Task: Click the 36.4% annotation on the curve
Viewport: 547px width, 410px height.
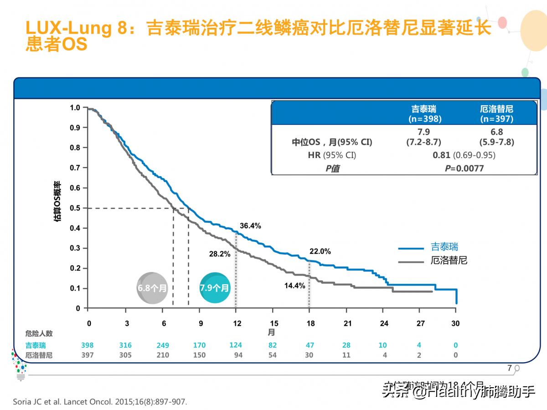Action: [251, 225]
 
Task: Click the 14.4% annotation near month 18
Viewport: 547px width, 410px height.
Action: [294, 286]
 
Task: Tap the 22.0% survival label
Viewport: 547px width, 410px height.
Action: [320, 251]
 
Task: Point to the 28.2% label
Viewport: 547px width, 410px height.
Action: [220, 254]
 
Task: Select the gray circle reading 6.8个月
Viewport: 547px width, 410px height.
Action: [152, 288]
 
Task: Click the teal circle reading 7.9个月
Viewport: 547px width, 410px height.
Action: [215, 288]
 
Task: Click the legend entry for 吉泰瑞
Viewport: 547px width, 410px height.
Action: [444, 247]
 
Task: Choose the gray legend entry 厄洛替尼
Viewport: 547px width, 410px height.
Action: [449, 261]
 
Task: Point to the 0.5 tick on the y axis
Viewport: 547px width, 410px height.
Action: [75, 208]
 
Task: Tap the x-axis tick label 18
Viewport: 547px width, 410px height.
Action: [310, 323]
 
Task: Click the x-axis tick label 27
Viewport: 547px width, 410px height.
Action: [421, 323]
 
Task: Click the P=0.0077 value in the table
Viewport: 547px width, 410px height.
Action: [464, 169]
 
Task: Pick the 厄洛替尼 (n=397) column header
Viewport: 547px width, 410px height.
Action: [496, 114]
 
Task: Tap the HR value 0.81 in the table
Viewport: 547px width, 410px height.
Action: [441, 155]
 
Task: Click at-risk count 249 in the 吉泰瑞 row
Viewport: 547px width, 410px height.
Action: [163, 345]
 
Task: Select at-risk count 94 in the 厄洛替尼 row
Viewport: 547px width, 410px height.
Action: [238, 355]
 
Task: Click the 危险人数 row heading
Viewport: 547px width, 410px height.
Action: [39, 334]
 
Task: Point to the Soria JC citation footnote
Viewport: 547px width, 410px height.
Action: [100, 402]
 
